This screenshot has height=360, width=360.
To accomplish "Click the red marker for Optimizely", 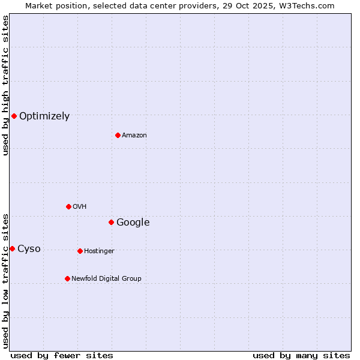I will pos(14,116).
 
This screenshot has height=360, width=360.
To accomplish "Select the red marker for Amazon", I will pos(118,135).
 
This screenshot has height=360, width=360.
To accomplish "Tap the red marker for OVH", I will pos(68,206).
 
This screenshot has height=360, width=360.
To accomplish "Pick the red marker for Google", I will pos(111,222).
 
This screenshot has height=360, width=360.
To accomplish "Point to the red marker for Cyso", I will pos(12,248).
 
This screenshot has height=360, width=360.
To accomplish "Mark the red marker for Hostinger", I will pos(80,251).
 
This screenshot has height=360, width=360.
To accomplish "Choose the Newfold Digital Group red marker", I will pos(67,278).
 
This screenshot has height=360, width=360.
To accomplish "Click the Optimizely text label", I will pos(44,116).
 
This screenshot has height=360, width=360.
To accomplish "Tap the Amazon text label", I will pos(134,136).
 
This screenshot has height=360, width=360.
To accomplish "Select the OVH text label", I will pos(80,207).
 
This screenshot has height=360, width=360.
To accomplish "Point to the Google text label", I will pos(133,223).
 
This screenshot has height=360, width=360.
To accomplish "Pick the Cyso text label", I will pos(29,249).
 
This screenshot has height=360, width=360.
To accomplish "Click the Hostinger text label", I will pos(99,251).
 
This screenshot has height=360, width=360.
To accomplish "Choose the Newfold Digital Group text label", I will pos(106,279).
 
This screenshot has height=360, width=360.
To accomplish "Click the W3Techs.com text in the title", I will pos(310,5).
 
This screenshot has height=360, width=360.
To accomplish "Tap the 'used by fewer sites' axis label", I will pos(62,355).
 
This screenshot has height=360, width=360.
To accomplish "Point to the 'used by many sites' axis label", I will pos(301,355).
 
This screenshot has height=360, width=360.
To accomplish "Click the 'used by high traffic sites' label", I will pos(6,85).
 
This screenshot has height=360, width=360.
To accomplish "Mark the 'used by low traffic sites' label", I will pos(6,280).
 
